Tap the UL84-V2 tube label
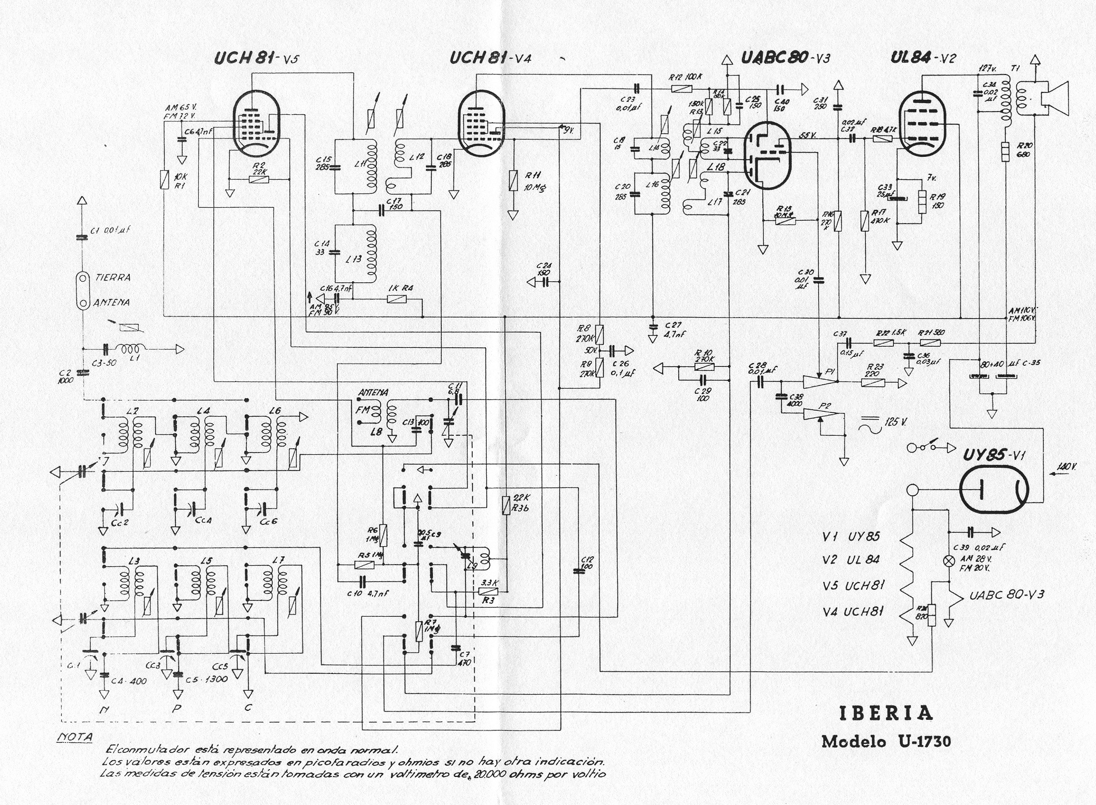click(x=923, y=58)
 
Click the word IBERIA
click(x=885, y=713)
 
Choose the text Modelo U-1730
click(x=885, y=741)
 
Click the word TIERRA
click(x=113, y=277)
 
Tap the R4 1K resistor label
click(x=400, y=288)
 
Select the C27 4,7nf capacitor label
click(x=673, y=330)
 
